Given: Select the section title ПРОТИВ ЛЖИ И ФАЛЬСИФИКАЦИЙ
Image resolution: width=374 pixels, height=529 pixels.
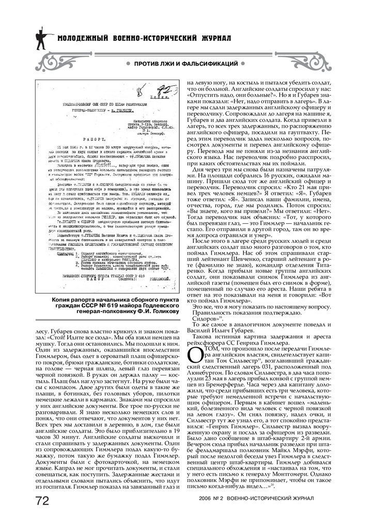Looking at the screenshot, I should pos(186,63).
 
